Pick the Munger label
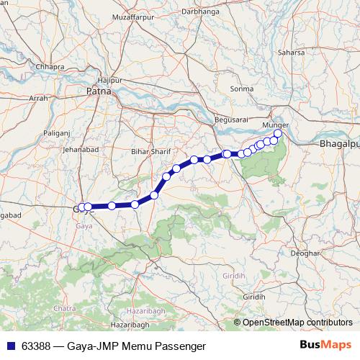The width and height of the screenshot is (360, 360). coord(275,125)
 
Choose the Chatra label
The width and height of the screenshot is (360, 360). coord(65,308)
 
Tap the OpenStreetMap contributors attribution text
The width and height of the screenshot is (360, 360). coord(297,323)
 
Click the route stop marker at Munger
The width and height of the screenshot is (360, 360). coord(278,133)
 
